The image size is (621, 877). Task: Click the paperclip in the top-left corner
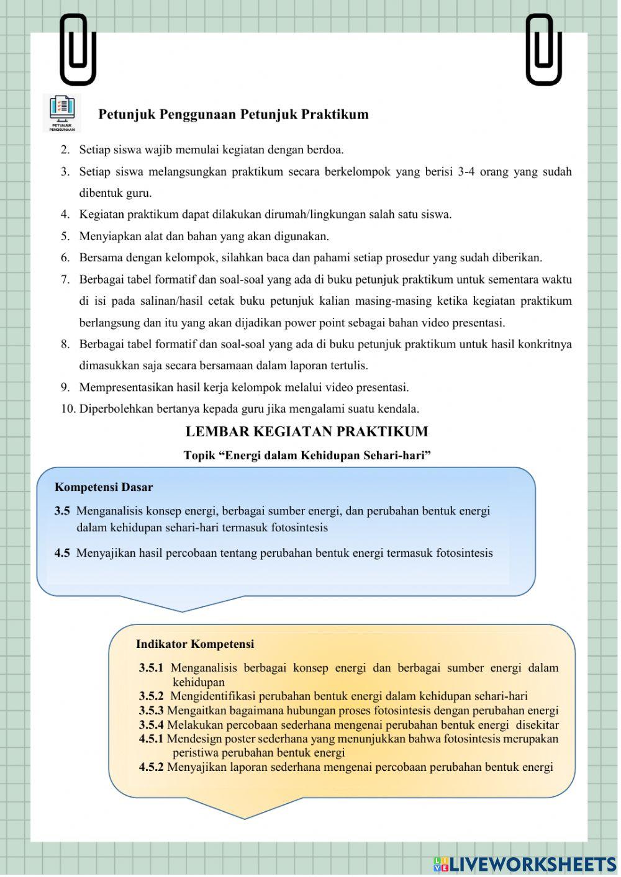78,50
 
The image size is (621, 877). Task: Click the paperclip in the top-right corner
543,50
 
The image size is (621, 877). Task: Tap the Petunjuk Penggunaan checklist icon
62,112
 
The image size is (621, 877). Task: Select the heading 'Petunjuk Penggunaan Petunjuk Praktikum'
233,114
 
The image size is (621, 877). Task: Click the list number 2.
65,150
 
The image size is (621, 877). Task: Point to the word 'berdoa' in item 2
325,150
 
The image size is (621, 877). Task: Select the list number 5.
65,236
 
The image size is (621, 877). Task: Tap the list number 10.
68,408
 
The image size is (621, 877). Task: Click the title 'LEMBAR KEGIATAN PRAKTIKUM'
307,431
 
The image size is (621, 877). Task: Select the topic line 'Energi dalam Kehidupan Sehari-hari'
307,456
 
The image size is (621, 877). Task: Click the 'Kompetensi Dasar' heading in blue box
104,487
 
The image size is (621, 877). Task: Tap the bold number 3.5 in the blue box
62,511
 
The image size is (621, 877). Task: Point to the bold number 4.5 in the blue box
62,552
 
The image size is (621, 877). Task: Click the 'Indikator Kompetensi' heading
195,644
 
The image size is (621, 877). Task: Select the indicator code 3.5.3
151,711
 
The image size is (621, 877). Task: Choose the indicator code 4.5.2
151,767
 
